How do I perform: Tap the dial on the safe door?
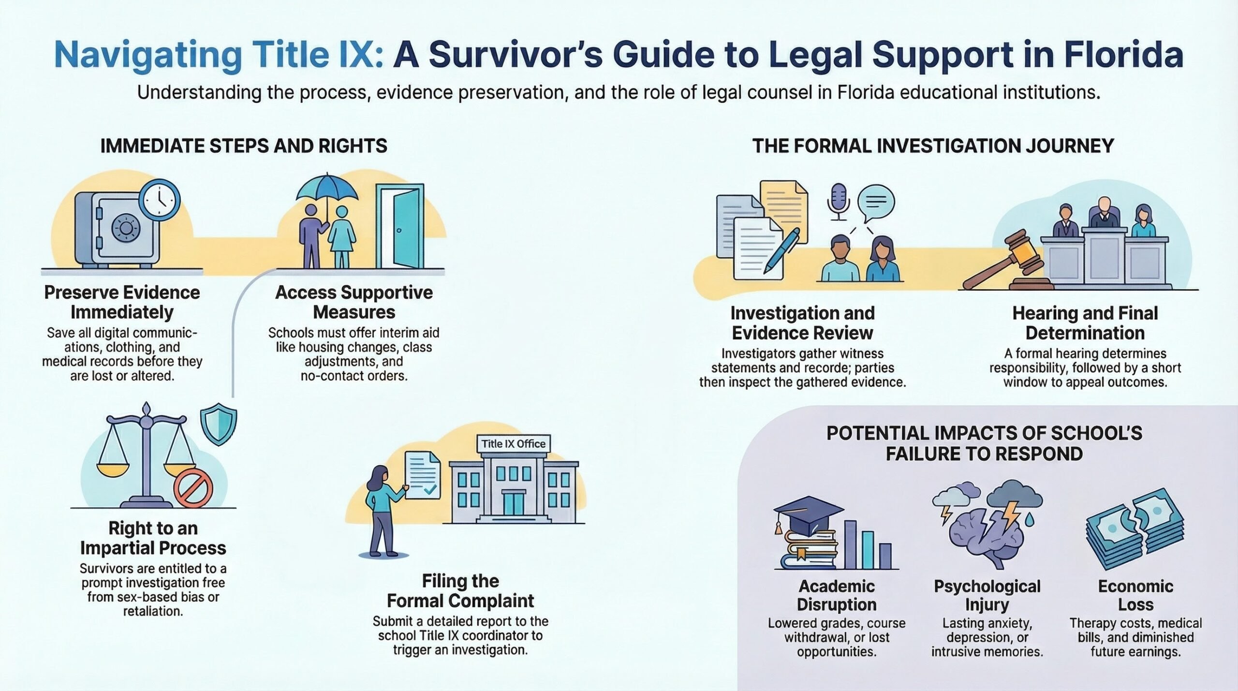[126, 227]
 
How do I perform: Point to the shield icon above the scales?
[219, 424]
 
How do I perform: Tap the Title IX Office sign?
[513, 444]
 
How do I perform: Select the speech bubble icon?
[876, 202]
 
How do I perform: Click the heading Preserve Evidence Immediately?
[122, 302]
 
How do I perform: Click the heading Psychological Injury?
[987, 595]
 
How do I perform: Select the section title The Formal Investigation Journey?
[933, 146]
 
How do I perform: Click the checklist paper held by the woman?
[422, 477]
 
